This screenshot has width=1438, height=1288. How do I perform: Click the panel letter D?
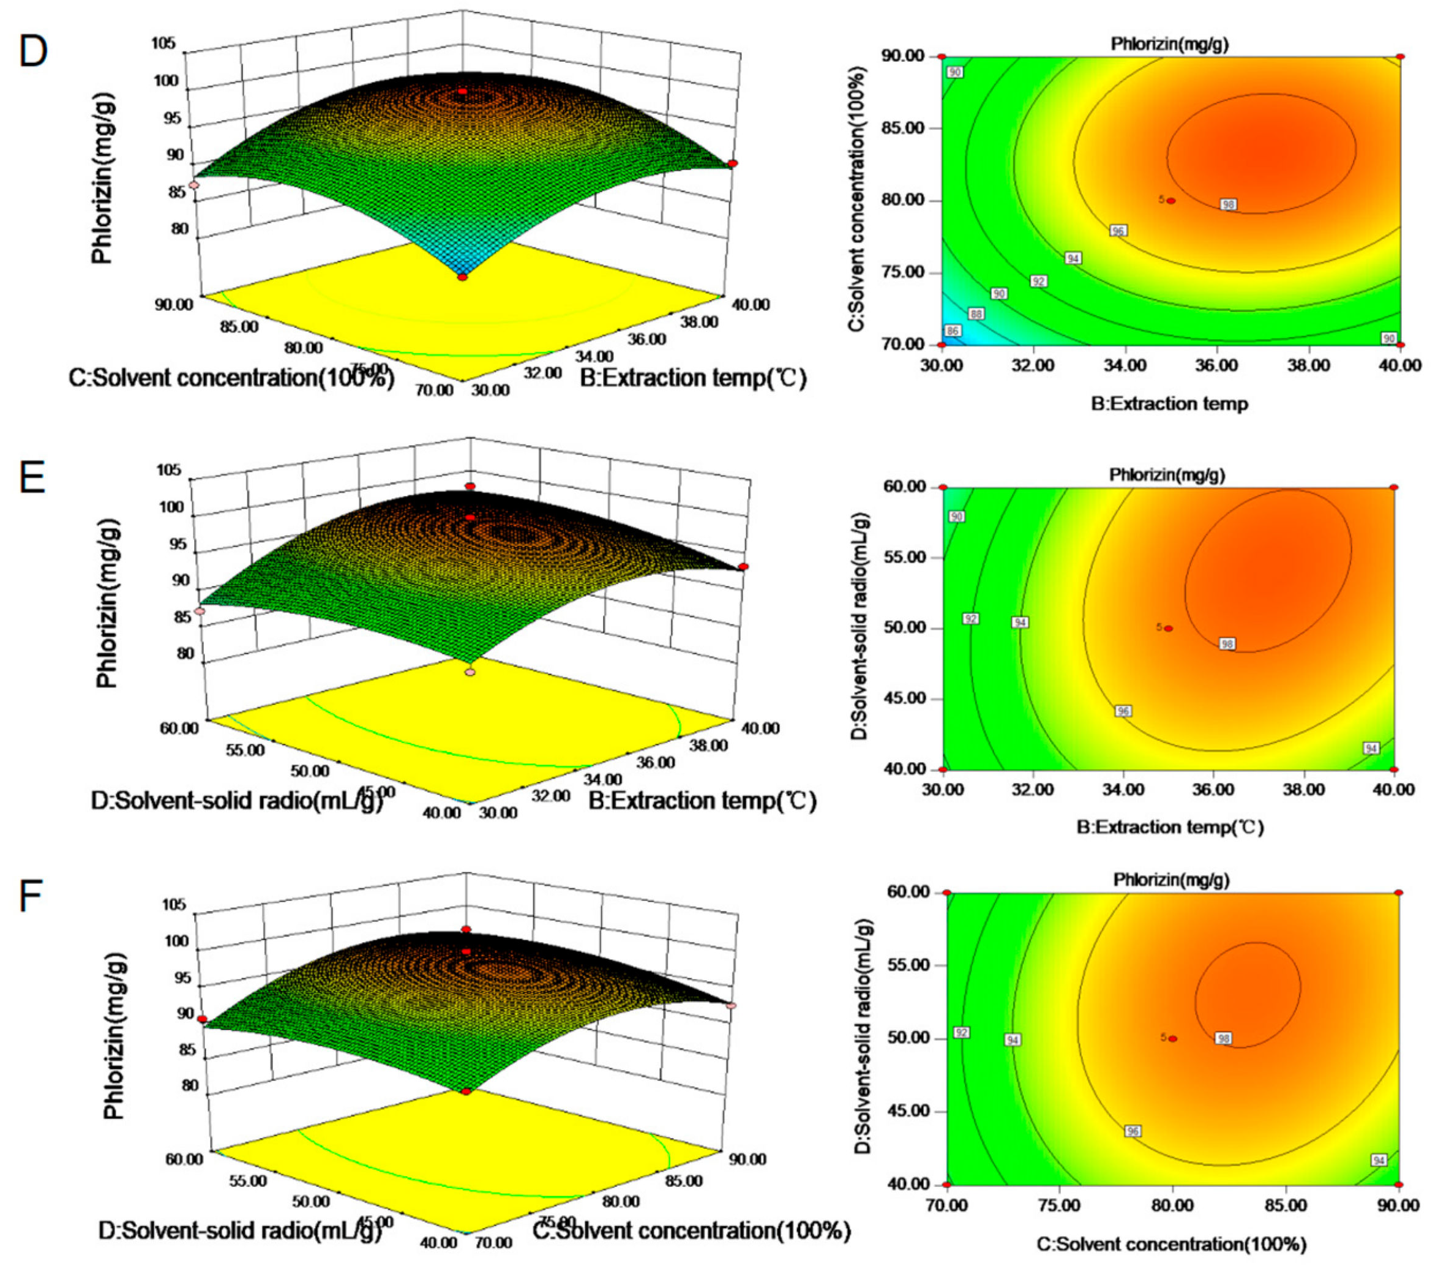(33, 51)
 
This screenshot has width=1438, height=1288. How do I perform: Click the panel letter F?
(31, 897)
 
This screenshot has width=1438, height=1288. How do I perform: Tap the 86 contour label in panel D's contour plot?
(953, 331)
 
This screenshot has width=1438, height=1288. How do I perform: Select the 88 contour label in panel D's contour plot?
(976, 313)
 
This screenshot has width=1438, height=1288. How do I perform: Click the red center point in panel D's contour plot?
(1171, 201)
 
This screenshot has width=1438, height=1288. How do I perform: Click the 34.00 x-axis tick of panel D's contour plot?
(1125, 365)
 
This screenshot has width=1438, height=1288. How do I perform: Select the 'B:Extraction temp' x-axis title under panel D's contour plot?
(1169, 404)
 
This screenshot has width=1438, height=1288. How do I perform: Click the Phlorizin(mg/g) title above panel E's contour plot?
(1167, 474)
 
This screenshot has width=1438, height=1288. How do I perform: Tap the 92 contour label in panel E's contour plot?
(971, 618)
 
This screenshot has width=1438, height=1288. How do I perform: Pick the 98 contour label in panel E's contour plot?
(1226, 644)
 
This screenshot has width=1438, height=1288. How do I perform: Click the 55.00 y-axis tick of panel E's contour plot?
(906, 557)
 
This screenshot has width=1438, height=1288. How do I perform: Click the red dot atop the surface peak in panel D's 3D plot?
(462, 91)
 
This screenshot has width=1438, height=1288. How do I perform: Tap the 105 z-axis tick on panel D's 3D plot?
(163, 44)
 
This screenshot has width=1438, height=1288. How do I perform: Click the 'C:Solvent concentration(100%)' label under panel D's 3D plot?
(231, 378)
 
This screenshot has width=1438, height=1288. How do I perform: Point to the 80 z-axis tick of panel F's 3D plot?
(190, 1085)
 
